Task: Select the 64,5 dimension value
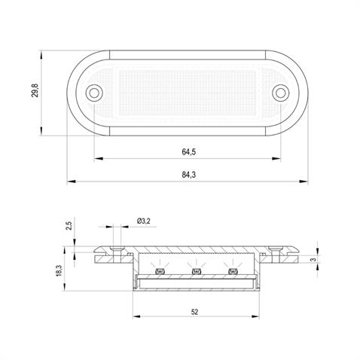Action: pos(189,152)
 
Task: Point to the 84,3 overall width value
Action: pos(189,175)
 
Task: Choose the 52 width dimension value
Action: pos(195,312)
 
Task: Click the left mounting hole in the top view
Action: pos(94,93)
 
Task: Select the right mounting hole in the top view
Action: pos(280,93)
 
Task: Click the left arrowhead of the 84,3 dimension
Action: pos(70,182)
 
